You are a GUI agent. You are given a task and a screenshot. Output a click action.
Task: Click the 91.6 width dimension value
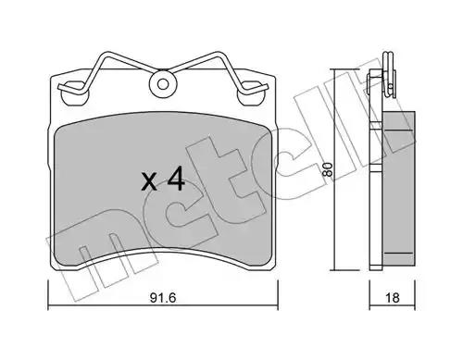tap(163, 298)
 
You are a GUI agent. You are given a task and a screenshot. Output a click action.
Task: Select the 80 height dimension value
tap(327, 169)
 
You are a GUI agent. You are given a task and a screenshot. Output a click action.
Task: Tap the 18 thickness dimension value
tap(393, 298)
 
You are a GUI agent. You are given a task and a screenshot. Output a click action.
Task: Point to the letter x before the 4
tap(149, 182)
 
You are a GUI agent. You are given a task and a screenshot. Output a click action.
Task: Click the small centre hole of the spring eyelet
tap(163, 84)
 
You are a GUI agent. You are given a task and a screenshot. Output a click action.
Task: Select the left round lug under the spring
tap(75, 93)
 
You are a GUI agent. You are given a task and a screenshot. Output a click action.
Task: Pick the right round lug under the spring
tap(251, 93)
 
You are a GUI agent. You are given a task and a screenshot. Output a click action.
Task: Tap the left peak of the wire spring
tap(106, 54)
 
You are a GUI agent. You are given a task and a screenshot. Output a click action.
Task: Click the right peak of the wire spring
tap(219, 54)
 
